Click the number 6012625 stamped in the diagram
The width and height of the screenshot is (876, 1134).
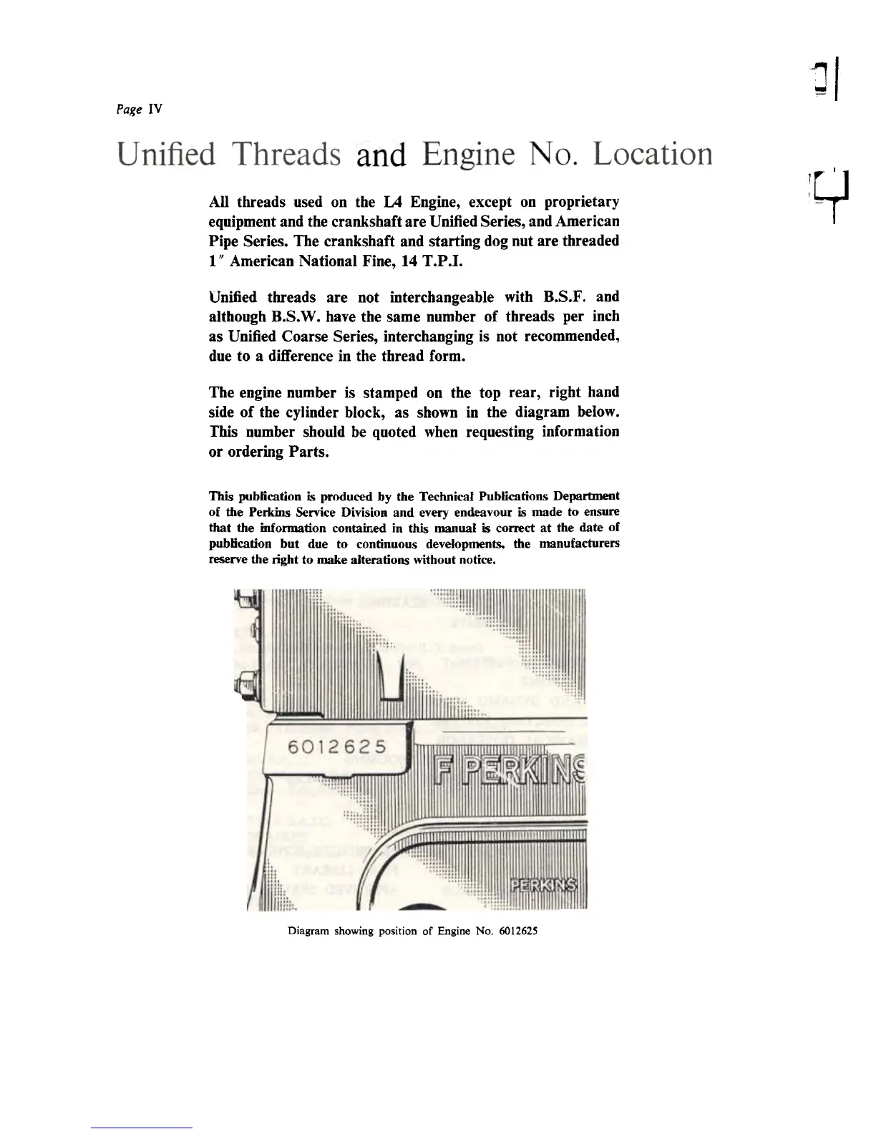pos(336,747)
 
